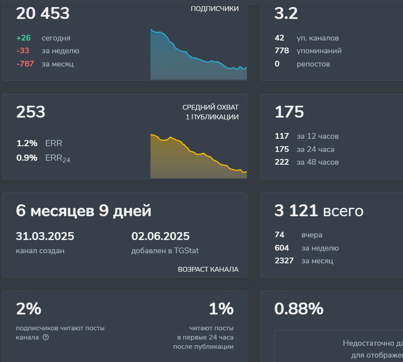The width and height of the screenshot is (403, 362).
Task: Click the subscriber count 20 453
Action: click(x=43, y=14)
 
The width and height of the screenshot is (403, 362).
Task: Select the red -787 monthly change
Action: click(x=25, y=64)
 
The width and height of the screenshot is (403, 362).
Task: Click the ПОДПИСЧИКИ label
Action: click(x=215, y=9)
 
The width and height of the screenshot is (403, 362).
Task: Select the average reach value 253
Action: click(x=31, y=112)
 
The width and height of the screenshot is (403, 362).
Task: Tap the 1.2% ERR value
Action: click(x=27, y=143)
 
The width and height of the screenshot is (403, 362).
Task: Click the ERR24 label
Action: click(x=58, y=158)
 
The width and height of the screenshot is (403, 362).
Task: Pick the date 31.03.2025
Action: click(x=45, y=236)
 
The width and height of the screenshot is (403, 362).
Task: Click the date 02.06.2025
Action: click(x=160, y=236)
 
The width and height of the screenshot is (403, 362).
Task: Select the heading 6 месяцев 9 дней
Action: click(x=84, y=211)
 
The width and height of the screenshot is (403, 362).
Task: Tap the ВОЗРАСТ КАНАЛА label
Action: click(x=208, y=269)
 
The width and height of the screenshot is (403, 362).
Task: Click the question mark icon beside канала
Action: click(x=46, y=337)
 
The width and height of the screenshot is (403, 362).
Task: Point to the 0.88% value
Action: click(x=299, y=309)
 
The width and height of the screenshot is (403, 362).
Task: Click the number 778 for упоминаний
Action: click(x=282, y=51)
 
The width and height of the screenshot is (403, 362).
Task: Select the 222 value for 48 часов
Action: click(x=282, y=162)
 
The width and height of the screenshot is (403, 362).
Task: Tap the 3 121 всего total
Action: click(x=319, y=211)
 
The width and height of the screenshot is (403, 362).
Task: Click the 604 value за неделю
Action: click(x=282, y=248)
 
